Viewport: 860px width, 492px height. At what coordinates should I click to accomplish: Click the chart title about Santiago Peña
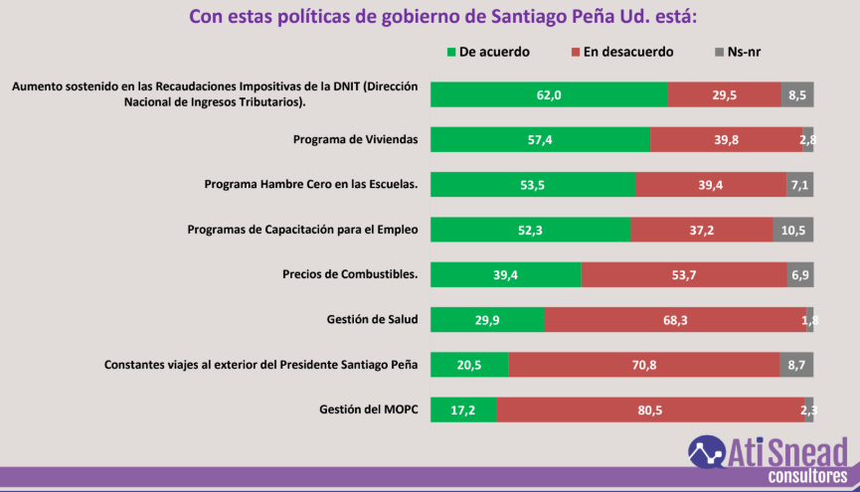click(429, 17)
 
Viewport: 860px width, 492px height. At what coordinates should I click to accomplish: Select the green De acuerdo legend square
click(451, 52)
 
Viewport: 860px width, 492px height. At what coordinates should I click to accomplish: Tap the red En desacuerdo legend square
click(577, 52)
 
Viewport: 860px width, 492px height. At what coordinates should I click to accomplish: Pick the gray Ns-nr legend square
click(720, 52)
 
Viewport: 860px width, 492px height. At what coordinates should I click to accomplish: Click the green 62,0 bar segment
click(549, 94)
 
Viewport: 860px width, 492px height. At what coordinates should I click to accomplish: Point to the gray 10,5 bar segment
click(793, 230)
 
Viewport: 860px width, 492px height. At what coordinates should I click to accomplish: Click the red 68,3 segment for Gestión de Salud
click(675, 319)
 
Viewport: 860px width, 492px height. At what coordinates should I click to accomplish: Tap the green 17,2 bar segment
click(463, 410)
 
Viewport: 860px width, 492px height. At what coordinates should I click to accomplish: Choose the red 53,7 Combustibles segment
click(683, 274)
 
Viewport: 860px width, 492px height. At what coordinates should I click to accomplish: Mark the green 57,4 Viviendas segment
click(540, 140)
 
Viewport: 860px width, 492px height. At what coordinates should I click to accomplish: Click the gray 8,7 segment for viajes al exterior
click(796, 365)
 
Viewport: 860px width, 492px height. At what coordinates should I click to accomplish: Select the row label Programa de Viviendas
click(355, 139)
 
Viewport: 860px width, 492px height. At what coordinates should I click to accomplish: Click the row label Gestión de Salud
click(371, 319)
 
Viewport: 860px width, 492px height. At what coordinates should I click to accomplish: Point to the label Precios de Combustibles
click(350, 274)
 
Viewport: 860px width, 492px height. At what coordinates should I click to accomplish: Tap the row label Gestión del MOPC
click(368, 409)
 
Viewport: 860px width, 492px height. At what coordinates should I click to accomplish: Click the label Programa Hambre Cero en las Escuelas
click(310, 184)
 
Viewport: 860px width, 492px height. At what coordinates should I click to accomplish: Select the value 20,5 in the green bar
click(468, 365)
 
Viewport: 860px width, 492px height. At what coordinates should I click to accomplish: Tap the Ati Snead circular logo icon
click(706, 452)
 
